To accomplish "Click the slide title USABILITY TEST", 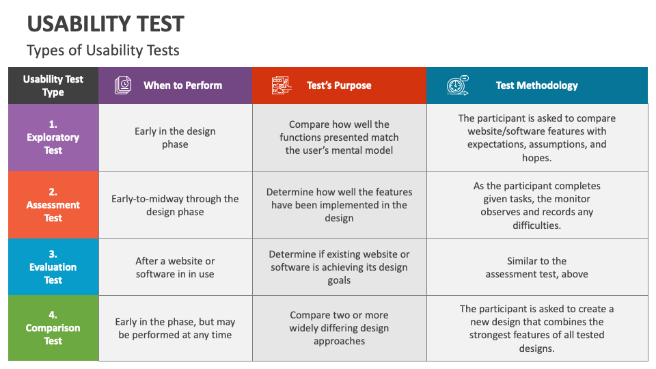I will [x=105, y=24].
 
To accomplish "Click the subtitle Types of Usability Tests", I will [x=102, y=51].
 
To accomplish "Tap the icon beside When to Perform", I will [x=124, y=85].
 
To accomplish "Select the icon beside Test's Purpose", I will [x=281, y=85].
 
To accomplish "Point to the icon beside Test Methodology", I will [x=457, y=85].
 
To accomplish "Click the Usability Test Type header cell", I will [x=53, y=85].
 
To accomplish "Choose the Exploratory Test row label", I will [x=53, y=137].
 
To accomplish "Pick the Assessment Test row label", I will [x=53, y=204].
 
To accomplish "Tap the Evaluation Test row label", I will [x=53, y=266].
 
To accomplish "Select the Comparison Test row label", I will [x=53, y=328].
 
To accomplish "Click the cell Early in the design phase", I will [x=175, y=137].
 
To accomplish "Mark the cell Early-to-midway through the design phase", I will [x=175, y=205].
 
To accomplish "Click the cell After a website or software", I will [x=175, y=267].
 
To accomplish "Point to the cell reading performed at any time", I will [x=175, y=329].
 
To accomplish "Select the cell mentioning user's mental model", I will [x=339, y=137].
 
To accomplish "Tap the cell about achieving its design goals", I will [x=339, y=267].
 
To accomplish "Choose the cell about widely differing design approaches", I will [x=339, y=328].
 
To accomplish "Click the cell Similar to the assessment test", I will [x=536, y=267].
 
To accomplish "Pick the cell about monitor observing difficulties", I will [x=536, y=205].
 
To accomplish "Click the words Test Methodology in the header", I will [x=536, y=85].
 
